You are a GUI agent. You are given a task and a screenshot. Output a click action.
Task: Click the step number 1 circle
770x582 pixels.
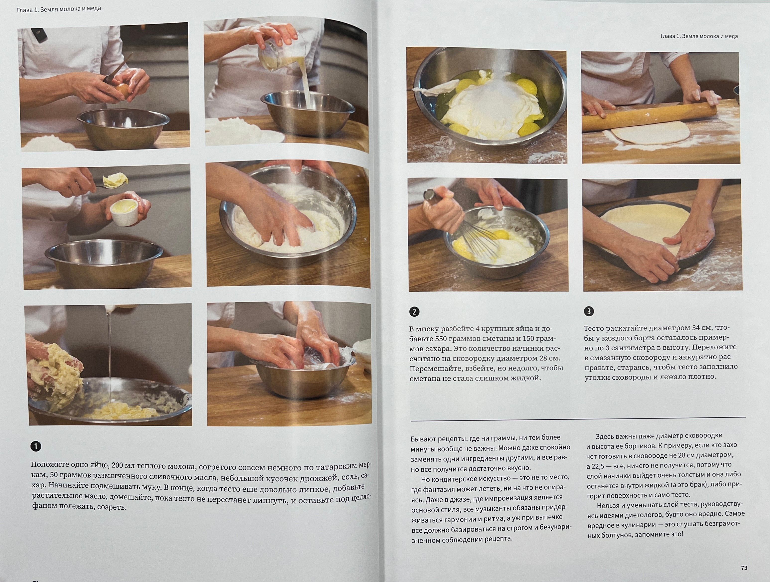[x=36, y=446]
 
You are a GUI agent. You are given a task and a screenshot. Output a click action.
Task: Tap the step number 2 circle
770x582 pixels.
[x=414, y=311]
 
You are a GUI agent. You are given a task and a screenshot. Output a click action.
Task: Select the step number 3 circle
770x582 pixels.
[x=589, y=311]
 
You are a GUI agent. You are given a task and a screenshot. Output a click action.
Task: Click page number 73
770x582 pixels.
[x=744, y=568]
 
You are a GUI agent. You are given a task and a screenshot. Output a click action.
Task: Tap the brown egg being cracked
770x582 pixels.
[x=123, y=91]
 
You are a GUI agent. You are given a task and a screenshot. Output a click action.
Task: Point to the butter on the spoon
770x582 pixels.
[x=116, y=180]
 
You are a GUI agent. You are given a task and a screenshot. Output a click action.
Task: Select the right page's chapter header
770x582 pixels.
[x=699, y=36]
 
